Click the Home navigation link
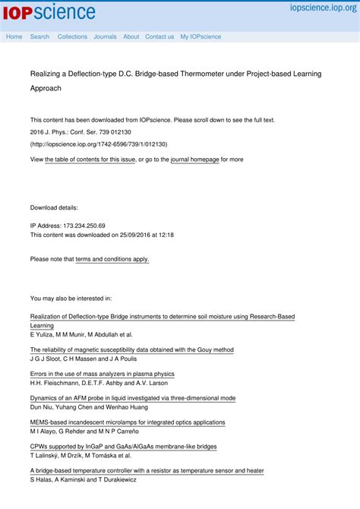click(x=14, y=36)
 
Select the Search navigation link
click(x=39, y=36)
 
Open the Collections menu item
click(x=72, y=36)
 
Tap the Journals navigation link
click(x=105, y=36)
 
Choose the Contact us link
click(x=159, y=36)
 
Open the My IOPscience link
click(x=201, y=36)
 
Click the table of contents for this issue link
click(x=90, y=160)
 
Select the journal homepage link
click(x=194, y=160)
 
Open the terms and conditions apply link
click(x=112, y=259)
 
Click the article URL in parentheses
click(x=99, y=144)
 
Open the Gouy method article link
click(x=131, y=350)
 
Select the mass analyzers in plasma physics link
click(x=102, y=374)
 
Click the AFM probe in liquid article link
click(x=132, y=398)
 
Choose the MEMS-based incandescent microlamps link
click(x=127, y=422)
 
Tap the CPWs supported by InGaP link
click(x=123, y=447)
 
